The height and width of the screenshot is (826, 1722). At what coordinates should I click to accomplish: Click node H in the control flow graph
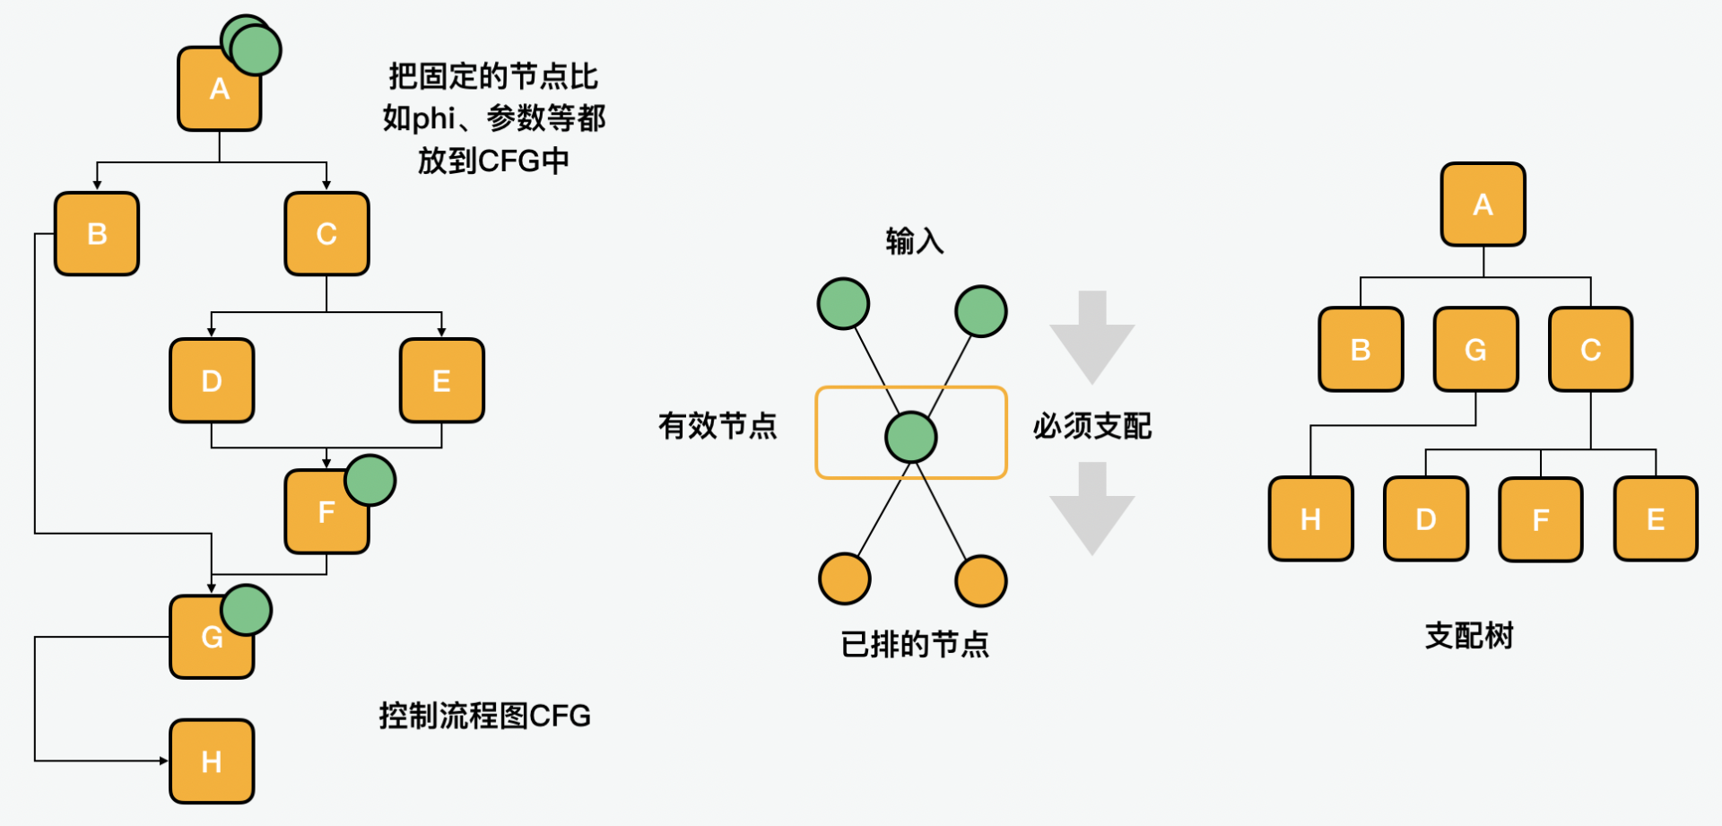[x=212, y=761]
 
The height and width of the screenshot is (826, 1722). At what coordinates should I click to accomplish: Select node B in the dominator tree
[x=1361, y=349]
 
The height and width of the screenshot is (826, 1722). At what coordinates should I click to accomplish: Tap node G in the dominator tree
[x=1475, y=349]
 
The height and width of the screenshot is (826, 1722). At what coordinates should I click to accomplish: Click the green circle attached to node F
[x=370, y=480]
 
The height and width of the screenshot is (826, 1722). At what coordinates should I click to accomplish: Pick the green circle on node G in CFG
[x=247, y=610]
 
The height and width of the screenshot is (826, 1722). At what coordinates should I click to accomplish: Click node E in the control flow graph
[x=441, y=380]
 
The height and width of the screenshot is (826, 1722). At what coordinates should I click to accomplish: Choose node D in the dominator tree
[x=1425, y=518]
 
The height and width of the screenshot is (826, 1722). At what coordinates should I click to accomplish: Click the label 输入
[x=914, y=241]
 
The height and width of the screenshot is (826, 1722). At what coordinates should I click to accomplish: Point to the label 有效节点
[x=717, y=425]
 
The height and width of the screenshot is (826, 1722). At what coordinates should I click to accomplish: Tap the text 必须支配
[x=1091, y=425]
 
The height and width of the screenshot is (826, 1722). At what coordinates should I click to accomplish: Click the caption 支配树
[x=1469, y=636]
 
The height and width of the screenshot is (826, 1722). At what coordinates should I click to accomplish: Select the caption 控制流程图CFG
[x=484, y=716]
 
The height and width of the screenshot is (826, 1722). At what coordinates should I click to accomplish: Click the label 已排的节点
[x=914, y=644]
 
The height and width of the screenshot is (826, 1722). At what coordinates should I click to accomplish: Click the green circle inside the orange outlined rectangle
[x=910, y=437]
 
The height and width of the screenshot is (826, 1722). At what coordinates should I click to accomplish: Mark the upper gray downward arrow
[x=1091, y=337]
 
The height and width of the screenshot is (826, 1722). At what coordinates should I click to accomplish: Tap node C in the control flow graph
[x=326, y=233]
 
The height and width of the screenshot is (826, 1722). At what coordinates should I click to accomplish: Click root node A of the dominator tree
[x=1483, y=204]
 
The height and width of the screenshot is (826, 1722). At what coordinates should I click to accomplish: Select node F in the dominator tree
[x=1540, y=518]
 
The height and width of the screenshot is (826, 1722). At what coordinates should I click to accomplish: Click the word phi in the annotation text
[x=433, y=118]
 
